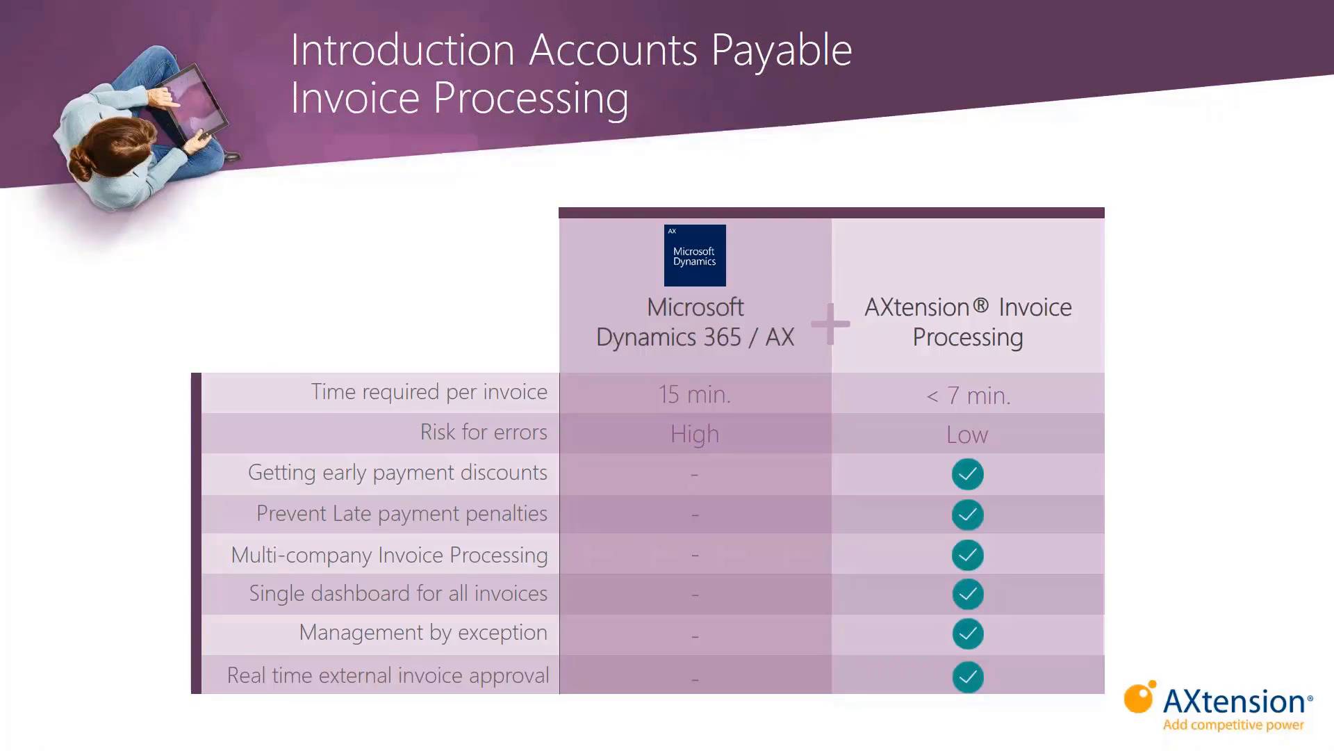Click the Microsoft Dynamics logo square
(x=695, y=255)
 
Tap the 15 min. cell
(x=695, y=395)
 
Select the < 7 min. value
(x=968, y=396)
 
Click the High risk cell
(x=695, y=435)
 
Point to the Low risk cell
(x=967, y=435)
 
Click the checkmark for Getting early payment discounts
(x=968, y=474)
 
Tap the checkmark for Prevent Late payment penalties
(x=968, y=515)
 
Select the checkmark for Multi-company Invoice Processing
(x=968, y=555)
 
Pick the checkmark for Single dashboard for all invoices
(x=968, y=594)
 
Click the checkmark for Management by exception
(x=968, y=633)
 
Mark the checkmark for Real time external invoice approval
(x=968, y=677)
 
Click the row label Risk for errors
(x=484, y=433)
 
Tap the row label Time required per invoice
(x=429, y=392)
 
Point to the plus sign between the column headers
(x=830, y=323)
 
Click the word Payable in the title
(x=781, y=51)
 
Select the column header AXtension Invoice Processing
(x=968, y=322)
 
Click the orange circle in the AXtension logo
(x=1138, y=698)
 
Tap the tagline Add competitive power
(x=1233, y=725)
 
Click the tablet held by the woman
(x=190, y=104)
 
